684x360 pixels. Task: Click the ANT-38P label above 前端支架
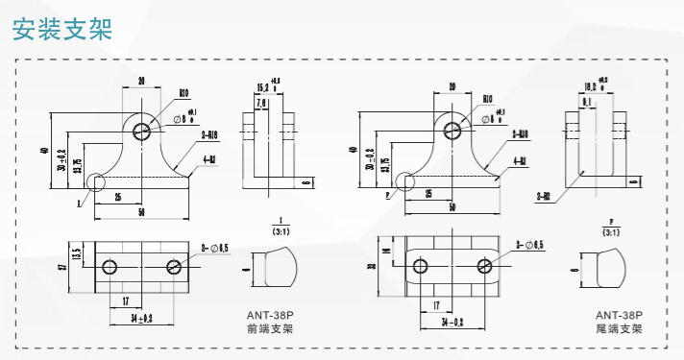[x=270, y=314]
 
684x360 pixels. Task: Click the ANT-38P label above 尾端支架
[x=619, y=314]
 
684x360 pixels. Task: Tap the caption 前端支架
[x=270, y=329]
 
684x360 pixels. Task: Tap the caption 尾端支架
[x=619, y=329]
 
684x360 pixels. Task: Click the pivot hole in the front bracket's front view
[x=142, y=130]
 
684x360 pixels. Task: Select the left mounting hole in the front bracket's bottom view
[x=110, y=266]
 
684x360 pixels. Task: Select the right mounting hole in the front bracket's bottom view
[x=174, y=266]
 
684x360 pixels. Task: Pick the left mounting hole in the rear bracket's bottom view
[x=419, y=266]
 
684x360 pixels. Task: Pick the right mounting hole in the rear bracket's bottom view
[x=483, y=266]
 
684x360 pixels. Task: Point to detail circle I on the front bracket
[x=96, y=181]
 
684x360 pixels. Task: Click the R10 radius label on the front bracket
[x=183, y=94]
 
